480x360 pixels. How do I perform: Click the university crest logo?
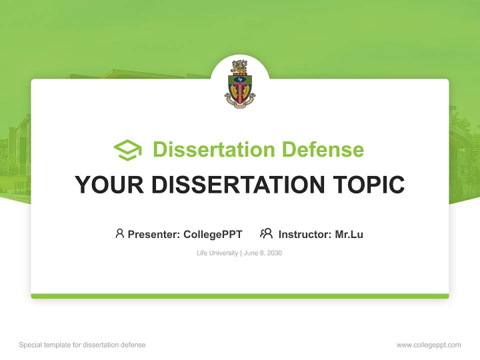(240, 84)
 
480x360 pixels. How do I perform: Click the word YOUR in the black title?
(109, 185)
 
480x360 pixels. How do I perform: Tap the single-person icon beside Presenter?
(119, 233)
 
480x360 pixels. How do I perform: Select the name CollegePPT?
(213, 234)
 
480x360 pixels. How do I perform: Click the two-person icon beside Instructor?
(266, 233)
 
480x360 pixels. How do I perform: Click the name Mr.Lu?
(349, 234)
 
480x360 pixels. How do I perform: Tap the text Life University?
(217, 253)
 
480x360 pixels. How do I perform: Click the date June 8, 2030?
(263, 253)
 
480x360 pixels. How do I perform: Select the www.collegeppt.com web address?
(428, 345)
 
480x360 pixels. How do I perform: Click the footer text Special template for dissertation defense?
(82, 345)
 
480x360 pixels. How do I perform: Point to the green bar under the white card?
(240, 296)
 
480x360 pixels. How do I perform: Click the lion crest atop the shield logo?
(240, 66)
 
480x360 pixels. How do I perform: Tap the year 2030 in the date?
(274, 253)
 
